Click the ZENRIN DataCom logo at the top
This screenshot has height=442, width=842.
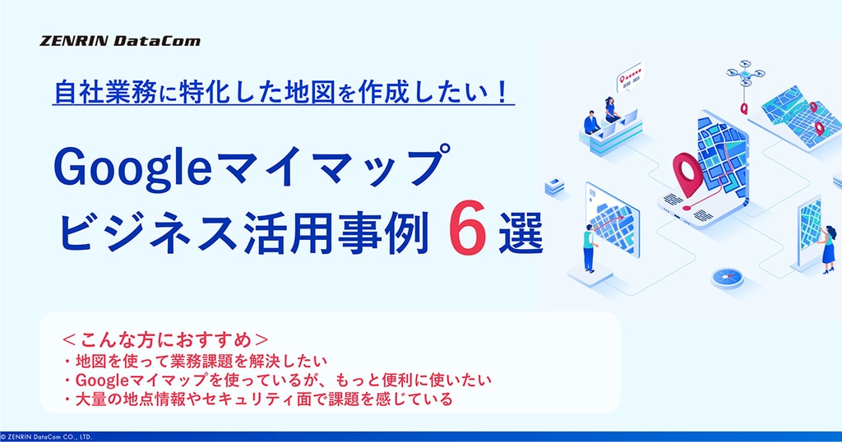click(120, 41)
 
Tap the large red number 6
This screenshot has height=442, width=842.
click(467, 228)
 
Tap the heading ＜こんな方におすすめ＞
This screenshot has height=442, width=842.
click(165, 339)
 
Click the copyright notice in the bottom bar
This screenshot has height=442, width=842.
click(47, 437)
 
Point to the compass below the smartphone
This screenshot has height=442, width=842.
click(728, 278)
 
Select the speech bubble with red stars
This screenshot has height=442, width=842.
click(629, 78)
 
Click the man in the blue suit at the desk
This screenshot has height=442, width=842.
click(592, 123)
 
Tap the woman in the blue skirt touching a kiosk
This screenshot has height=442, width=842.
click(828, 250)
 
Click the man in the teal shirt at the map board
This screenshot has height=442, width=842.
click(590, 248)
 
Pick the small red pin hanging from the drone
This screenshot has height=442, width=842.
click(743, 108)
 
